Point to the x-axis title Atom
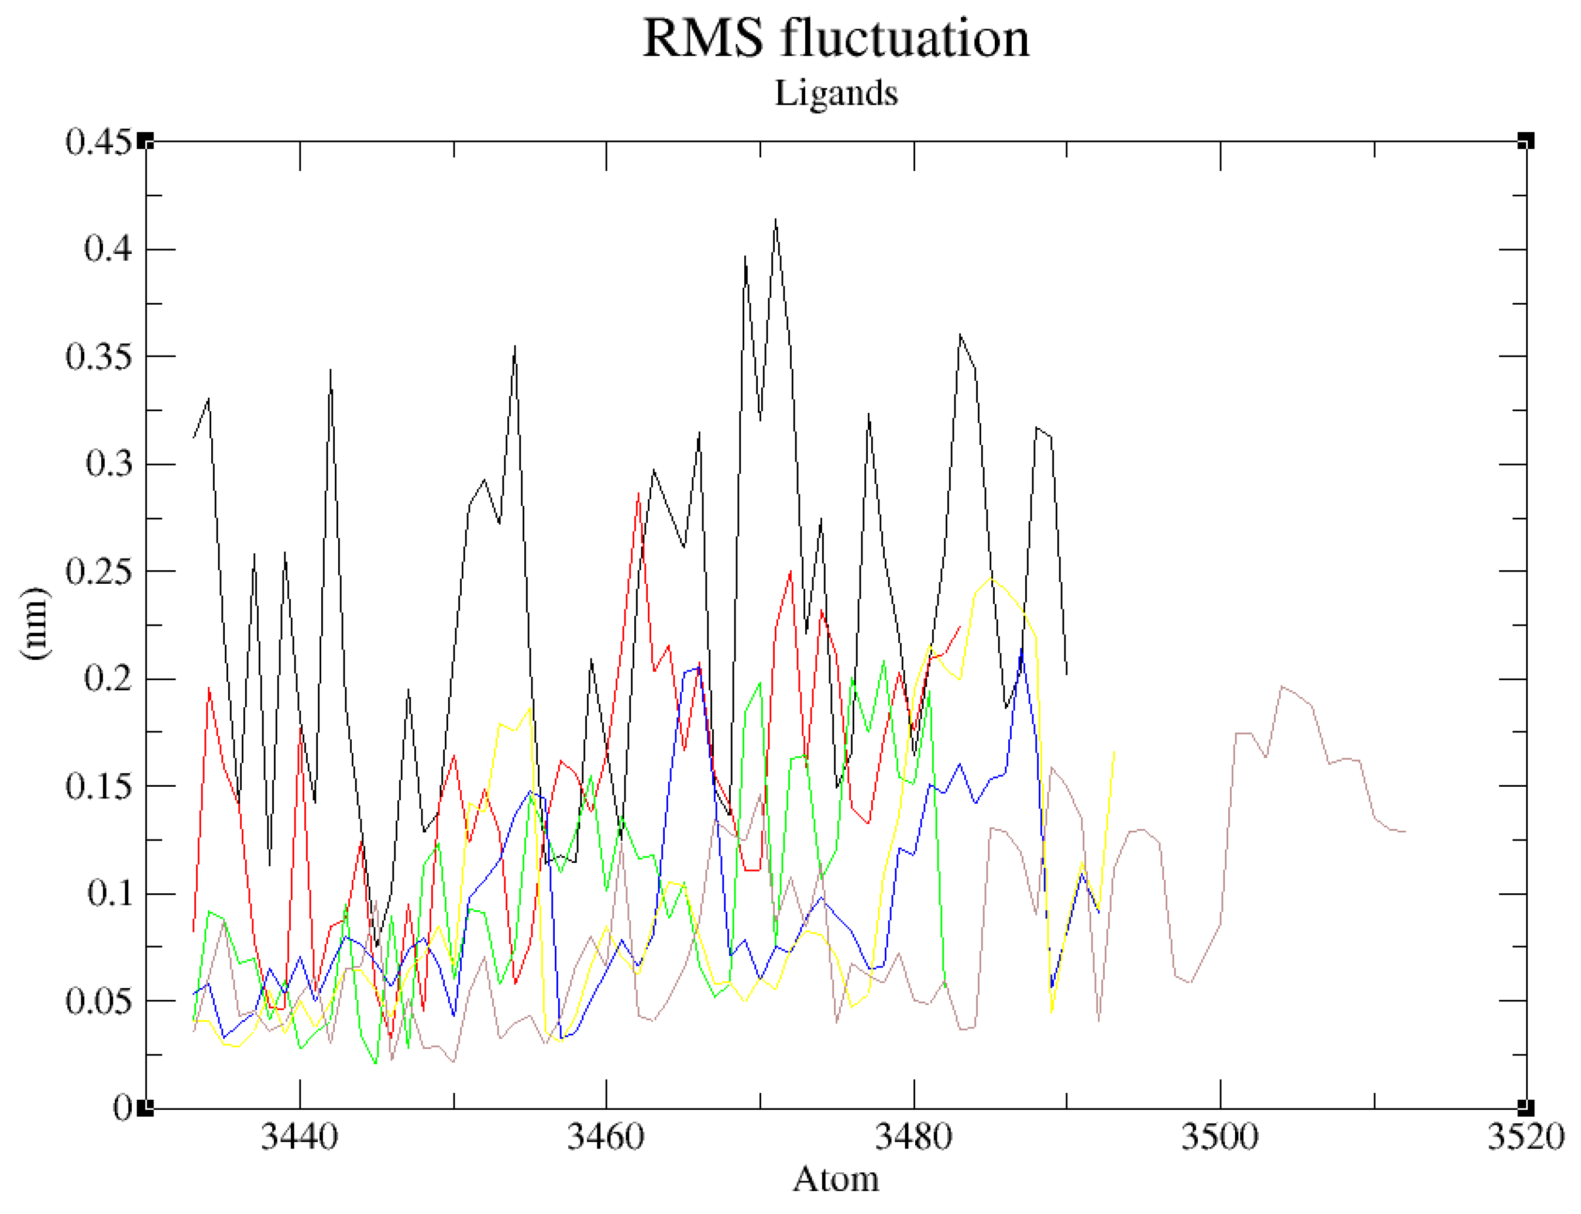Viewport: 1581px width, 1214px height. click(x=835, y=1179)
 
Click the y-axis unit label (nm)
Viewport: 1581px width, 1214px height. click(x=35, y=623)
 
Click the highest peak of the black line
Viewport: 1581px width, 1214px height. click(x=775, y=219)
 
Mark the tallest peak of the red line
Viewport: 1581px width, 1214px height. click(x=638, y=494)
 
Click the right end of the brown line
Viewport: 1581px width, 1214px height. click(x=1405, y=832)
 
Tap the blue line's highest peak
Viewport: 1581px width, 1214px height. click(x=1021, y=650)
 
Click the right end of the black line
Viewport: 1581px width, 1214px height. click(x=1066, y=674)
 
